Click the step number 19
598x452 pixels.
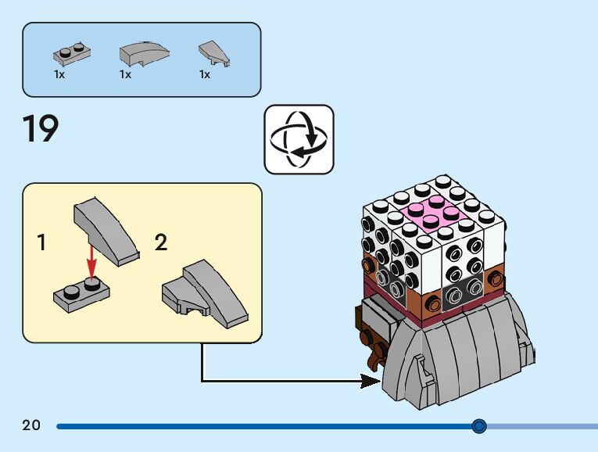pos(41,128)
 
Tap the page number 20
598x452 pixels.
pos(31,425)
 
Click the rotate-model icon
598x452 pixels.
pos(299,139)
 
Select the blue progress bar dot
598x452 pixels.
pos(479,425)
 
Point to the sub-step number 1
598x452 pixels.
pos(41,242)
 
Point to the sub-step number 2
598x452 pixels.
pos(161,242)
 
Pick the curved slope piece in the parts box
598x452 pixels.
pos(144,53)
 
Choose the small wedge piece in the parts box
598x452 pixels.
pos(214,53)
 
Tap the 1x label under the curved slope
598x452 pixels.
pos(125,74)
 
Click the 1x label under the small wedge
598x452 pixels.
pos(205,74)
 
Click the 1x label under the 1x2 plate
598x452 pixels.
pos(59,74)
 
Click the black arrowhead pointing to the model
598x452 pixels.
pos(371,381)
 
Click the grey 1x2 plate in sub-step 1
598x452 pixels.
pos(81,295)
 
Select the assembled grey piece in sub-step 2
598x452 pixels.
pos(205,294)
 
